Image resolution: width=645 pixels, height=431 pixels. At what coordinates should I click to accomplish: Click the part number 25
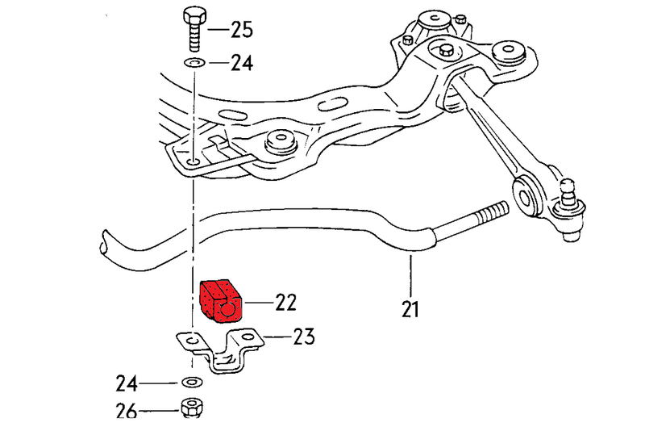241,31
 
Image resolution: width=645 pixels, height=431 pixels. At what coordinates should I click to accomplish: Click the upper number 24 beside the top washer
241,61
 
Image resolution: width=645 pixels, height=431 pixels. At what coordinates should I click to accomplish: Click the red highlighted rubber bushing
221,300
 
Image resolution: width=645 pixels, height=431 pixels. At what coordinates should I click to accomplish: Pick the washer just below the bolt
192,61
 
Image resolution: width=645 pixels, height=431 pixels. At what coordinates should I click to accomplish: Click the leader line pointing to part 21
410,274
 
